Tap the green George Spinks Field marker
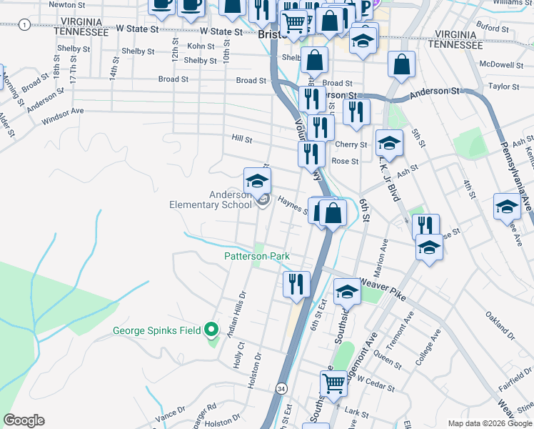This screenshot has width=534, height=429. tap(211, 330)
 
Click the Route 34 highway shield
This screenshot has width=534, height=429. tap(282, 388)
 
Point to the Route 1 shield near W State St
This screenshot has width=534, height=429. tap(25, 24)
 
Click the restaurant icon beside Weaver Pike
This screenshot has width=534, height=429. tap(296, 283)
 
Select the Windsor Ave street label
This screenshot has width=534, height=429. tap(63, 112)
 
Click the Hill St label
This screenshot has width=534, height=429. tap(241, 139)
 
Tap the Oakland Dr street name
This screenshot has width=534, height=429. tap(500, 324)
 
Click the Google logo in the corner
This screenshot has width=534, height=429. tap(24, 420)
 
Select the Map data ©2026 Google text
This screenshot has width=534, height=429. tap(489, 423)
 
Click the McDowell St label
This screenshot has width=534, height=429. tap(502, 64)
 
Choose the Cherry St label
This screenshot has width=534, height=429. tap(351, 144)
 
